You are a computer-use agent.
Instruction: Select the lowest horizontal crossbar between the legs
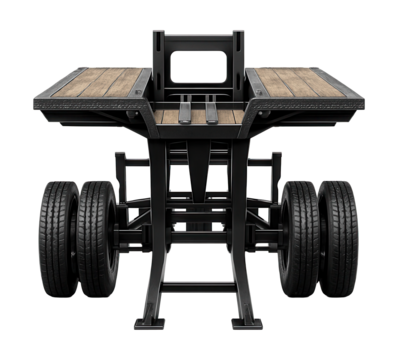[x=199, y=287]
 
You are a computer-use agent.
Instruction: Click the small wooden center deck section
[x=199, y=116]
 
